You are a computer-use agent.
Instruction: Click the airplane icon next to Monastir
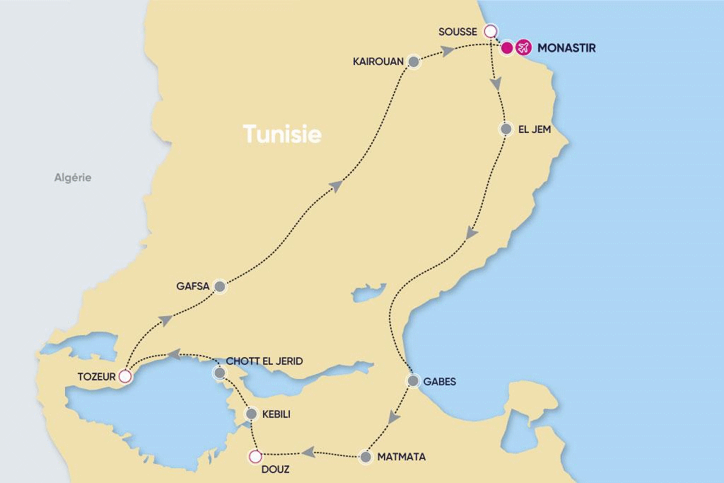tap(523, 48)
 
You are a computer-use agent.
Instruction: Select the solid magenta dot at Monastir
tap(506, 48)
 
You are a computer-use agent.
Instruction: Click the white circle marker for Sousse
tap(489, 31)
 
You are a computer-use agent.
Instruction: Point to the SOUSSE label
tap(458, 31)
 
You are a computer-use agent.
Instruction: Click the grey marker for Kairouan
tap(414, 62)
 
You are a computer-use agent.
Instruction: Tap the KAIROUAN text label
tap(378, 62)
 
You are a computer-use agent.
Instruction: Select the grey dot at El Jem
tap(506, 129)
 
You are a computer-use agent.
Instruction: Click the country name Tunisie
tap(282, 134)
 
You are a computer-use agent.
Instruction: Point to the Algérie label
tap(73, 178)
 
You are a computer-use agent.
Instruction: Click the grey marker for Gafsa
tap(219, 286)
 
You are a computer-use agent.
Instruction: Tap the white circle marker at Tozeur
tap(125, 376)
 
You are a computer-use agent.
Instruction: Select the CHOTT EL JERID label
tap(264, 361)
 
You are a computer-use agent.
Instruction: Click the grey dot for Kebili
tap(250, 414)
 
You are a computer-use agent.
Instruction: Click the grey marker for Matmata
tap(366, 457)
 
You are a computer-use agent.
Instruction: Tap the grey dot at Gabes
tap(413, 380)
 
